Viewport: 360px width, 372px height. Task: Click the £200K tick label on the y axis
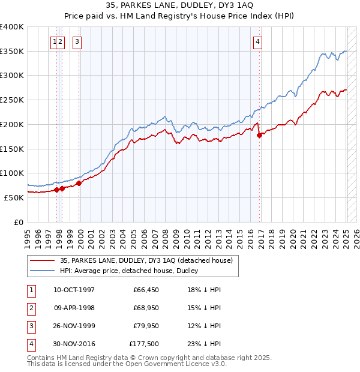click(x=11, y=124)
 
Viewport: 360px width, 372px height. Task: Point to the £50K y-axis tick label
click(x=13, y=197)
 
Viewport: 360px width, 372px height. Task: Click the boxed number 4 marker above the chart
click(x=257, y=41)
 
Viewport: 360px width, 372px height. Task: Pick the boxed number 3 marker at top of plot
click(x=78, y=41)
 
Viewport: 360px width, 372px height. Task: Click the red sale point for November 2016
click(x=260, y=136)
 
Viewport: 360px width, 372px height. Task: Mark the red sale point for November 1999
click(x=79, y=183)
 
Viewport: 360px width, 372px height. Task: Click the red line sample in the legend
click(x=42, y=260)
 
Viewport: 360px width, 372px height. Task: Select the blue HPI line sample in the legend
click(x=42, y=271)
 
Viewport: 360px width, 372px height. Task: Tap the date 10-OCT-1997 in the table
click(x=74, y=290)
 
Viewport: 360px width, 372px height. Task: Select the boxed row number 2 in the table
click(x=31, y=308)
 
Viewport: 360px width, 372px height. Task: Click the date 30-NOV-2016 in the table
click(x=74, y=344)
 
